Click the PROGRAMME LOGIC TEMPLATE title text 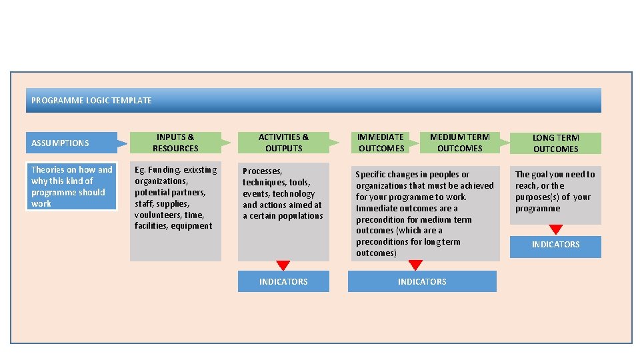(91, 101)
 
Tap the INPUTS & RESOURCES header (175, 143)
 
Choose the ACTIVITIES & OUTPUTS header (283, 143)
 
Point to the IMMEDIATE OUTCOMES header (381, 143)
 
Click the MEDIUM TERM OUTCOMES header (459, 143)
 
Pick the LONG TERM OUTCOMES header (555, 143)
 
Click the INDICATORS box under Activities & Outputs (283, 281)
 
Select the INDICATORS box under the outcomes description (422, 281)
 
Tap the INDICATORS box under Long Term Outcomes (555, 245)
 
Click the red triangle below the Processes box (283, 265)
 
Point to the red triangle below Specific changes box (415, 265)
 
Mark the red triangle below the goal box (555, 229)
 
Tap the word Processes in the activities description (262, 171)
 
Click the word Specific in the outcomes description (371, 175)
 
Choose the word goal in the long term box (542, 175)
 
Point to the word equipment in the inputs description (192, 226)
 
